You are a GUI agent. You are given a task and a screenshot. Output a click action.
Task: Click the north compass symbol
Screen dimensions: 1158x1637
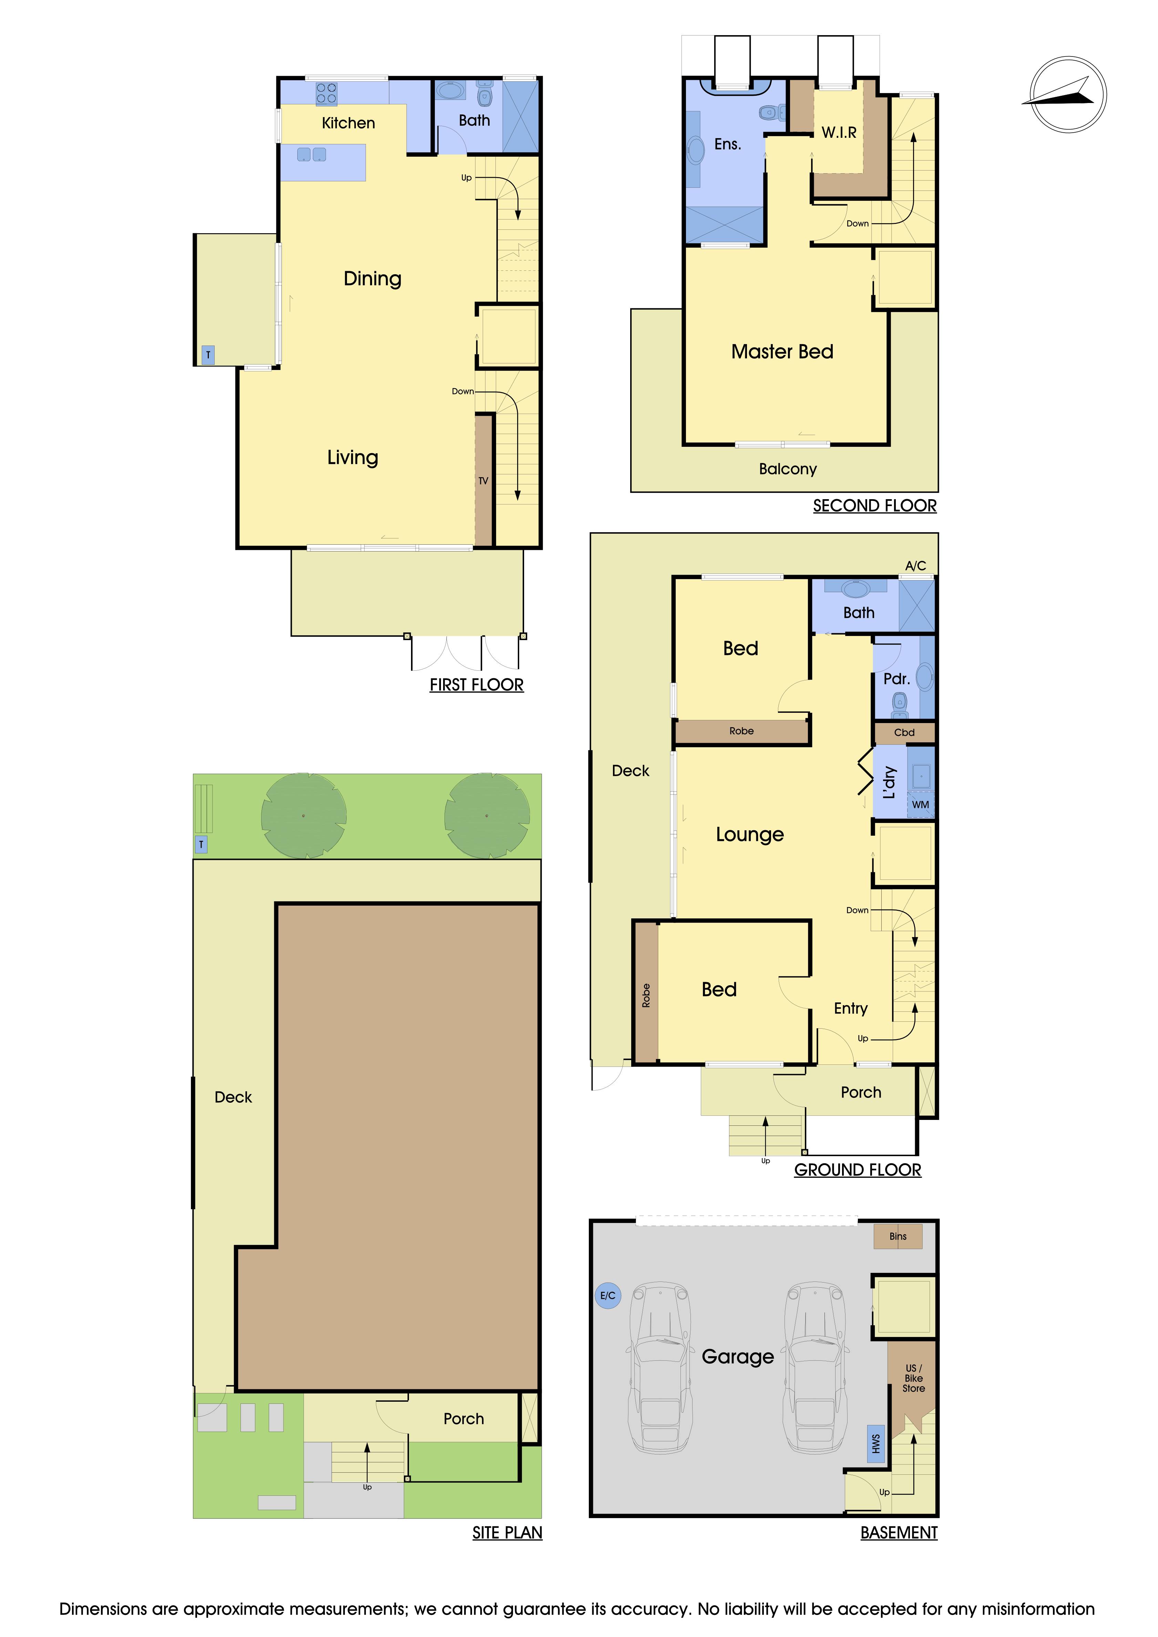click(x=1067, y=95)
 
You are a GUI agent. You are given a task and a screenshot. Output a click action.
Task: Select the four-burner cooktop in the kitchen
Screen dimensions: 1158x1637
click(x=327, y=93)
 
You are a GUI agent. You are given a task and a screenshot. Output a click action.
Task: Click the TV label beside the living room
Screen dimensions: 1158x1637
click(x=483, y=481)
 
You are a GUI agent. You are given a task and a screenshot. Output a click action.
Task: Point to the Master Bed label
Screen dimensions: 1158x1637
click(x=782, y=351)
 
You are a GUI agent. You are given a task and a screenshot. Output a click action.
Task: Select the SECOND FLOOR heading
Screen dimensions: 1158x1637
click(x=875, y=505)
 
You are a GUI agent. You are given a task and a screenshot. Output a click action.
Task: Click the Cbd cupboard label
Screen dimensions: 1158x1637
click(x=904, y=732)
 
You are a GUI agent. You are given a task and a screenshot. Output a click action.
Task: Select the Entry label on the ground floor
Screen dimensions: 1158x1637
click(x=851, y=1008)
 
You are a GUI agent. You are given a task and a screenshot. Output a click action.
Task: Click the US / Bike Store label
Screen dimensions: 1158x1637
click(x=913, y=1378)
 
